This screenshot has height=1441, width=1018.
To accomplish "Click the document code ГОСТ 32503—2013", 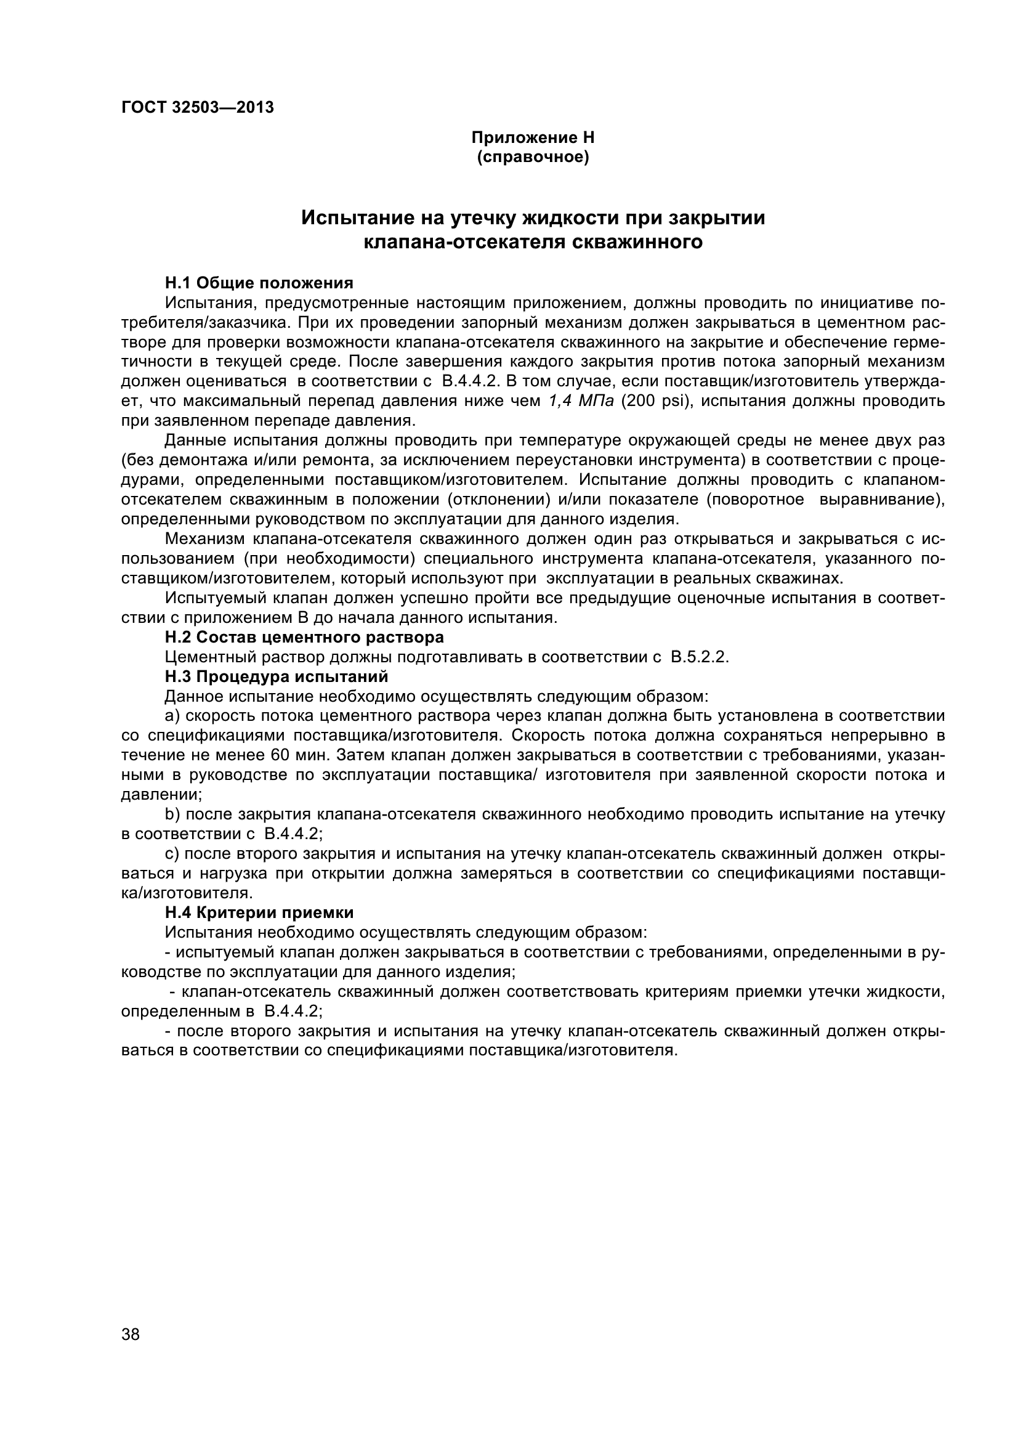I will point(198,108).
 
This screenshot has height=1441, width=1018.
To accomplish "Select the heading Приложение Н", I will point(533,137).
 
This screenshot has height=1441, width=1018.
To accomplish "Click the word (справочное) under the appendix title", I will point(533,157).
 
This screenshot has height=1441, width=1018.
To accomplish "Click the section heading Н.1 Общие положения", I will point(259,283).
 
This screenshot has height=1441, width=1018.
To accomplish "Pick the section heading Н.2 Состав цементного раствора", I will point(304,637).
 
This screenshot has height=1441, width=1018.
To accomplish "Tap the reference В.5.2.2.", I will point(700,657).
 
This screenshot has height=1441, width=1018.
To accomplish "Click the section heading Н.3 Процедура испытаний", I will point(276,676).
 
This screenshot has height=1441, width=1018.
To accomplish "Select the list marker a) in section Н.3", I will point(172,716).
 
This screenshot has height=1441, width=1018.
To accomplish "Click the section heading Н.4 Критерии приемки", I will point(259,912).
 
